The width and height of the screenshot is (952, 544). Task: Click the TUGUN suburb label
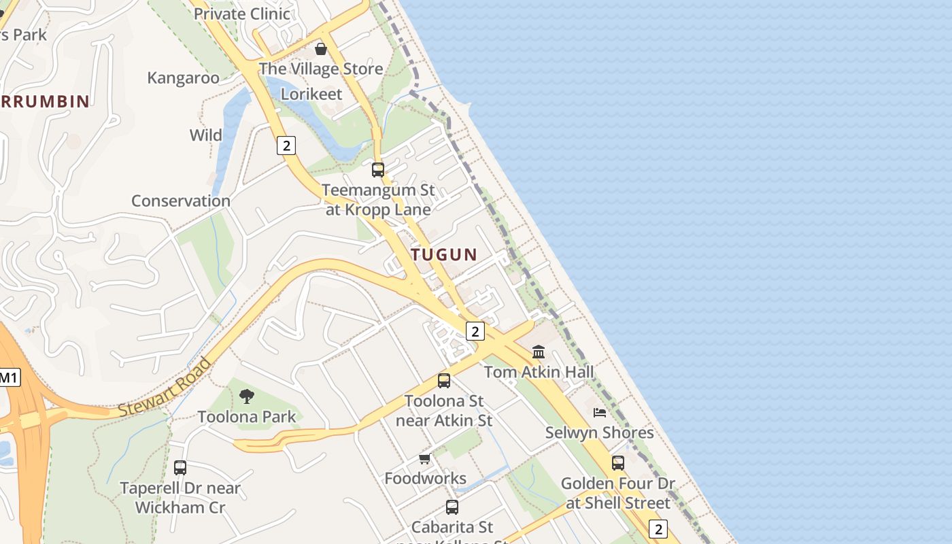pyautogui.click(x=444, y=255)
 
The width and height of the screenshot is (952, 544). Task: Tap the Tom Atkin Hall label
pyautogui.click(x=539, y=372)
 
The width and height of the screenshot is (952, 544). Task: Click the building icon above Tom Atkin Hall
pyautogui.click(x=539, y=352)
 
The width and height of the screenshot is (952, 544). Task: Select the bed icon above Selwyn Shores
pyautogui.click(x=600, y=412)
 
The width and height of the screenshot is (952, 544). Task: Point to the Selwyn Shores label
pyautogui.click(x=599, y=432)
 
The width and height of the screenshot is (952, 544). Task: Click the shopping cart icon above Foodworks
pyautogui.click(x=425, y=459)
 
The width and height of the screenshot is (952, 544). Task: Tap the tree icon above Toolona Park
pyautogui.click(x=247, y=396)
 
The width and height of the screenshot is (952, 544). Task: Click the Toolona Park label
pyautogui.click(x=247, y=417)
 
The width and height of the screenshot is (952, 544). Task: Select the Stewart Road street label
pyautogui.click(x=165, y=388)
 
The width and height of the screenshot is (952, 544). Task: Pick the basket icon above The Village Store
pyautogui.click(x=321, y=49)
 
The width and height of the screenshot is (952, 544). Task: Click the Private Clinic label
pyautogui.click(x=242, y=14)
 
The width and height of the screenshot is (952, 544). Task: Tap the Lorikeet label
pyautogui.click(x=311, y=94)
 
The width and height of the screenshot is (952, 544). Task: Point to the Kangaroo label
pyautogui.click(x=184, y=78)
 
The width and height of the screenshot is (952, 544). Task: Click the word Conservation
pyautogui.click(x=181, y=201)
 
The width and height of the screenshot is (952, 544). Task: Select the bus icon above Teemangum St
pyautogui.click(x=378, y=169)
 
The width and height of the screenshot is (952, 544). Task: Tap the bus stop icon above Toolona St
pyautogui.click(x=444, y=380)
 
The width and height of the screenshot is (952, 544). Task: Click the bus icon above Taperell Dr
pyautogui.click(x=180, y=467)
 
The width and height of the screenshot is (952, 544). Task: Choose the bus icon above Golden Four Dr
pyautogui.click(x=618, y=462)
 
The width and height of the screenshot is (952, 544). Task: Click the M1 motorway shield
pyautogui.click(x=9, y=377)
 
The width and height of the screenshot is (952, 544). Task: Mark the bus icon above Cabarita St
pyautogui.click(x=452, y=507)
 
